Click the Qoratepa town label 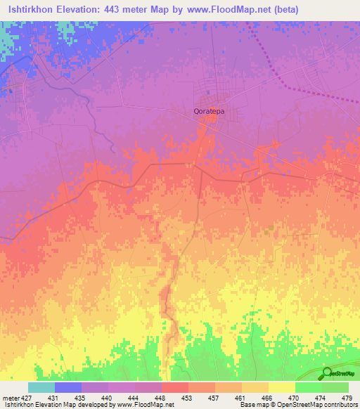coord(212,111)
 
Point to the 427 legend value coord(27,398)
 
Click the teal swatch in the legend coord(41,387)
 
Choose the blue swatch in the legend coord(67,387)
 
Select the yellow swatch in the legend coord(281,387)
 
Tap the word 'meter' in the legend coord(9,398)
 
